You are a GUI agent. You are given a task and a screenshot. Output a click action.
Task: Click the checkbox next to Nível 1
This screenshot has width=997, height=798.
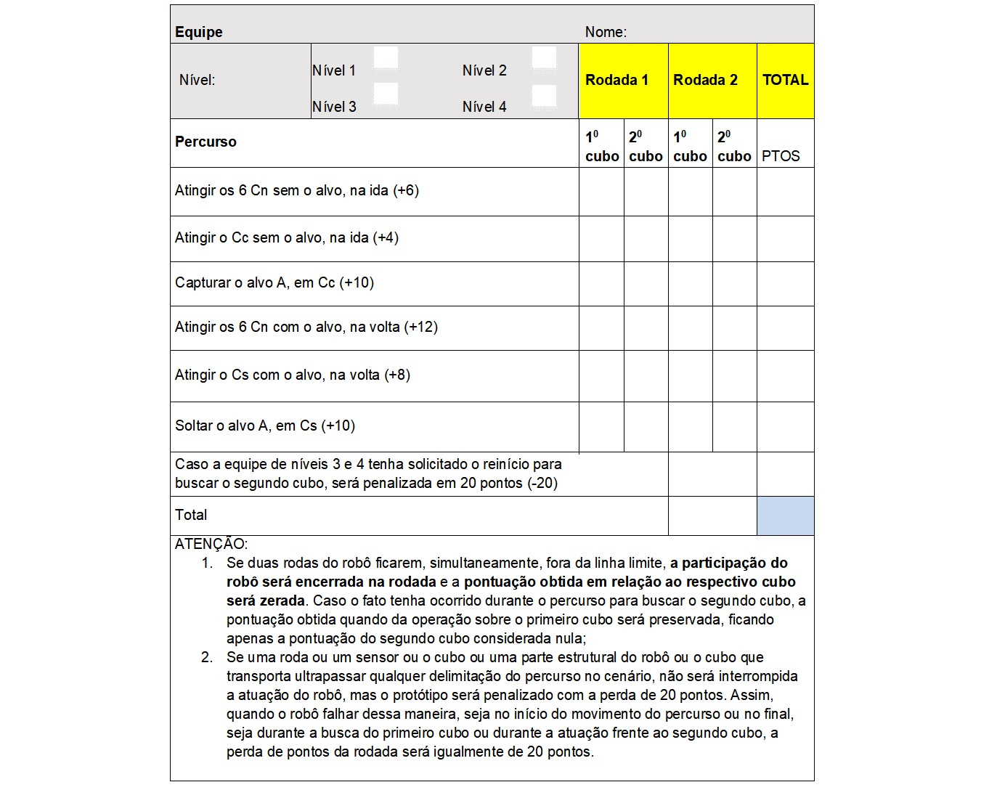[386, 58]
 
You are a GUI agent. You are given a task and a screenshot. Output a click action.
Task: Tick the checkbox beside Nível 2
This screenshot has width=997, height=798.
[544, 58]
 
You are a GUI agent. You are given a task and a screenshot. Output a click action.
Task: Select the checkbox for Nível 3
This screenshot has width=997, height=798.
[386, 94]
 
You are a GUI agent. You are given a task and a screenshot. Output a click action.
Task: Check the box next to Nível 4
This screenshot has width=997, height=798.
[544, 96]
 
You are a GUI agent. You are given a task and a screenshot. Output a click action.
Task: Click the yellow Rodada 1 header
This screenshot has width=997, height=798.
[616, 80]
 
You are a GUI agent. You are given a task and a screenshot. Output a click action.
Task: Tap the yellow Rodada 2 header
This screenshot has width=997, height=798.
[705, 80]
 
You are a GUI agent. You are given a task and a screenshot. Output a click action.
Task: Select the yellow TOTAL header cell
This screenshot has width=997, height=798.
[785, 80]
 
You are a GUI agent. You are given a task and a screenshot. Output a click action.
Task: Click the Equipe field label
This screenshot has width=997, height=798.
[199, 32]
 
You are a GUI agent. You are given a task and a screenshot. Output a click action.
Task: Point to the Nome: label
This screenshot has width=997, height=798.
[606, 32]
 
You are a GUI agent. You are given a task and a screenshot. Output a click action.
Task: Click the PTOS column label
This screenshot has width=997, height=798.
[781, 156]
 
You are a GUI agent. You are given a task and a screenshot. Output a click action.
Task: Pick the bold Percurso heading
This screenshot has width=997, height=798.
[205, 142]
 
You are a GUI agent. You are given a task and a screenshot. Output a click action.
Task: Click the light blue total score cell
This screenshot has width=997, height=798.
[785, 516]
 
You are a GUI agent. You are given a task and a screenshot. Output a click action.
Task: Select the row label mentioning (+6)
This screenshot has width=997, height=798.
[296, 190]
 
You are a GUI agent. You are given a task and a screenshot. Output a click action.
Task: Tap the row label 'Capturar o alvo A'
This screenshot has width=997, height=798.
[274, 282]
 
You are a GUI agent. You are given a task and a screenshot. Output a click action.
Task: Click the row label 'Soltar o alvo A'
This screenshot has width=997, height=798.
[264, 426]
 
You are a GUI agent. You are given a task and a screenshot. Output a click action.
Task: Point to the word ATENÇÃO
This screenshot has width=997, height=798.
[211, 544]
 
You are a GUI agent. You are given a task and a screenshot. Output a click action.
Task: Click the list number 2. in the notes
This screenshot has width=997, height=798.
[207, 657]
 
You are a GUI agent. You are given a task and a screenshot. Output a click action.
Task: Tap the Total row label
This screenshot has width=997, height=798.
[191, 515]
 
